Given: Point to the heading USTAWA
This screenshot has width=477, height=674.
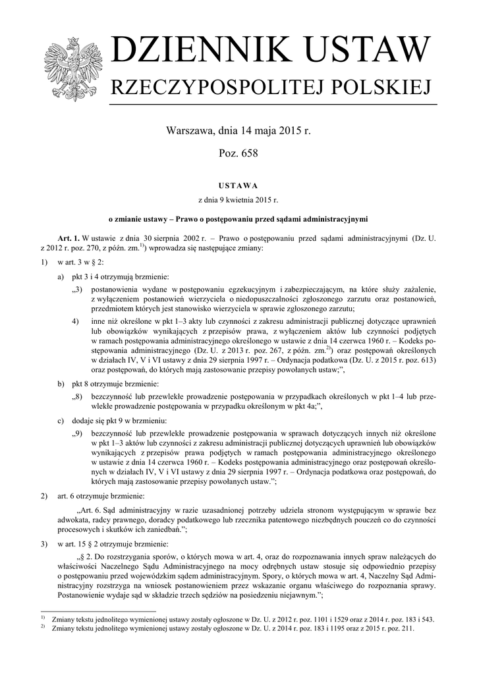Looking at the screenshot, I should [x=238, y=186].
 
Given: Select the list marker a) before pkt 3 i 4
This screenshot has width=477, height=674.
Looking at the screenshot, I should [x=61, y=276].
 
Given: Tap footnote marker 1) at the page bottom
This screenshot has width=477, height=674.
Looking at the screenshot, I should [x=42, y=619].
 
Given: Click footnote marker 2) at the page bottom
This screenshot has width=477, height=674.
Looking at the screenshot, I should [x=42, y=628].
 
